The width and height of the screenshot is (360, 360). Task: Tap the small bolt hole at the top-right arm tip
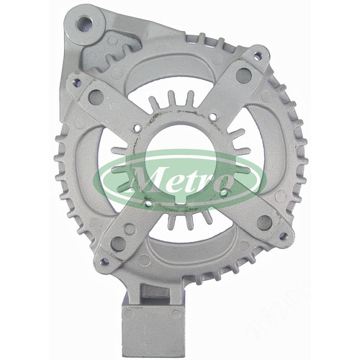click(x=257, y=55)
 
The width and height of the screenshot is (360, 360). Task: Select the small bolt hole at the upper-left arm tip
click(x=77, y=82)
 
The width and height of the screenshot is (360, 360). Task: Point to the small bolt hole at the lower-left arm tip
click(x=104, y=262)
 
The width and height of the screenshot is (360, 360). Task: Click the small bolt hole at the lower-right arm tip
click(x=284, y=235)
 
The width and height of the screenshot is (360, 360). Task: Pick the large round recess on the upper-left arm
click(x=96, y=97)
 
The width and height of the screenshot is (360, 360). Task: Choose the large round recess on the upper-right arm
click(x=243, y=76)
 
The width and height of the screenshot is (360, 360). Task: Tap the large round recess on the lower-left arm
click(x=118, y=244)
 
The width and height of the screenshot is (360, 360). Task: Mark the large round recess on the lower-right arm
click(x=264, y=222)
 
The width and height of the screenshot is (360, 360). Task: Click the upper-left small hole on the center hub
click(x=137, y=129)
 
